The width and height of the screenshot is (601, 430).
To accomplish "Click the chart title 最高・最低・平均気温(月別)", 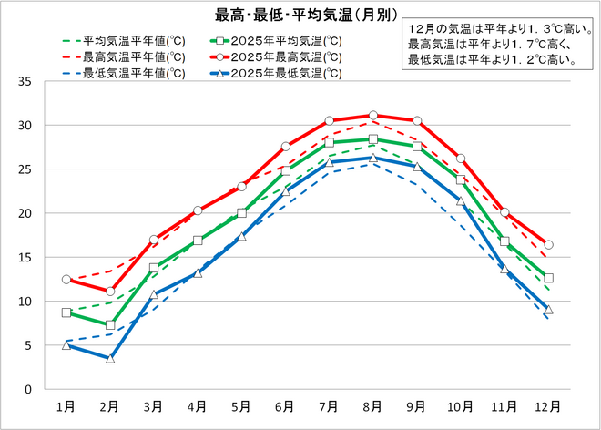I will coord(293,14).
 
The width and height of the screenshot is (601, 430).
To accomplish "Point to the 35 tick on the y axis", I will coord(25,81).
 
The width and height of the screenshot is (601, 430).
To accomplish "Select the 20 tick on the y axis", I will coord(25,213).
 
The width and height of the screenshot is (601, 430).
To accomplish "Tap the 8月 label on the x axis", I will coord(372,405).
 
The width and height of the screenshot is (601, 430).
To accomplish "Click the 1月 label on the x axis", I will coord(66,405).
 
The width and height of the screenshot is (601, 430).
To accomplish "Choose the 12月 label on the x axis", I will coord(547,405).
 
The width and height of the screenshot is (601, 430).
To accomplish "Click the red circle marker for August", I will coord(372,116).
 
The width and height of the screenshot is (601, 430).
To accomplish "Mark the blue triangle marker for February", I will coord(109,358).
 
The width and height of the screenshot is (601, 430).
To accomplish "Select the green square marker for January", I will coord(66,312).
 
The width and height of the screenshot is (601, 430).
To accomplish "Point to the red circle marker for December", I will coord(548,244).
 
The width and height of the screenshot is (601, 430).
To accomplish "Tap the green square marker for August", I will coord(372,139).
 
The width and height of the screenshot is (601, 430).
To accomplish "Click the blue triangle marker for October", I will coord(460,201).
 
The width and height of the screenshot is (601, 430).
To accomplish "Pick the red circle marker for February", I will coord(109,291).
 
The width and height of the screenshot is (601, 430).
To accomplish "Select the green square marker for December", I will coord(548,278).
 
